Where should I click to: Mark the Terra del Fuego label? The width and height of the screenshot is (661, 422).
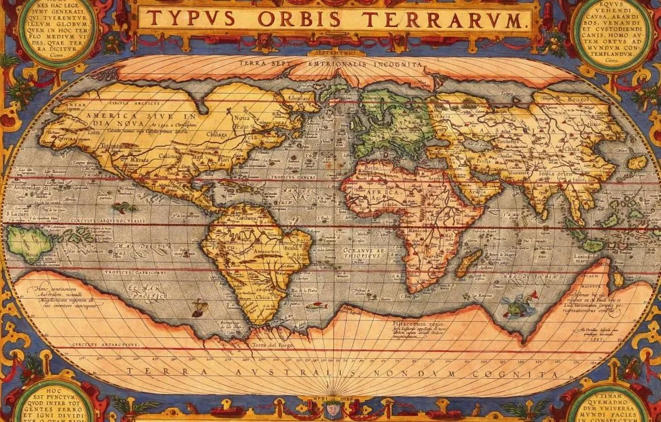pos(269,345)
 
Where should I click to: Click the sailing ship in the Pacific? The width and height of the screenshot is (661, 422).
pos(199,309)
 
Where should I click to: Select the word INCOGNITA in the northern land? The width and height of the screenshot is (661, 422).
pos(398,64)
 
